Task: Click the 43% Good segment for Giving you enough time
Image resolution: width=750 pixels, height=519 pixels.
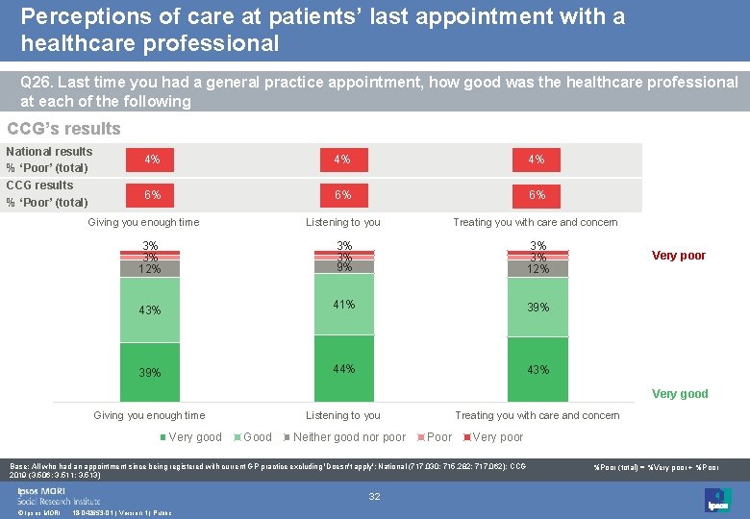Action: point(150,309)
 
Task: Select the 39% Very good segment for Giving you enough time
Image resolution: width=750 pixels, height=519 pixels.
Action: point(150,372)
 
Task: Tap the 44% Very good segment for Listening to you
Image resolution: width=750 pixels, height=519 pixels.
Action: point(343,368)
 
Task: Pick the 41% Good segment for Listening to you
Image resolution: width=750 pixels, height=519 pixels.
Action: point(343,305)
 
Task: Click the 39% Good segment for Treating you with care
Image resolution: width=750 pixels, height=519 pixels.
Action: point(537,307)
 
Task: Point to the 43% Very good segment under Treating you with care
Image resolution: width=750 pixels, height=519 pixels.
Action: point(537,369)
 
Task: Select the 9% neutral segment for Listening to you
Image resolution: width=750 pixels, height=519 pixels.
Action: point(343,267)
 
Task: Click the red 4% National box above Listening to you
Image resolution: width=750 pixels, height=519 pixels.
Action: point(343,160)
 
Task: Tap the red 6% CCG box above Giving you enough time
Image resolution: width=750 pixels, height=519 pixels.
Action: point(151,194)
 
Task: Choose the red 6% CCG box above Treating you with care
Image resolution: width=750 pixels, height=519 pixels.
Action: point(537,194)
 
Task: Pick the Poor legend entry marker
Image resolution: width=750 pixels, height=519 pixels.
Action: point(420,437)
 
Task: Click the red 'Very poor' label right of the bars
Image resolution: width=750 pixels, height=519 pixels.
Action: point(679,256)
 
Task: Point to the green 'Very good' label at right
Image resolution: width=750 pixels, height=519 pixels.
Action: point(680,394)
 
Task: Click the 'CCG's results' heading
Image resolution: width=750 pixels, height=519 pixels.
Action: point(63,129)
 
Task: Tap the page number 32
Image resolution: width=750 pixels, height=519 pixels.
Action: point(375,496)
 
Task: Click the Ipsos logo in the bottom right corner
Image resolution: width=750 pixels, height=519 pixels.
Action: point(717,499)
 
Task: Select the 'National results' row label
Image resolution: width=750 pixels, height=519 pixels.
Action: point(49,151)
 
